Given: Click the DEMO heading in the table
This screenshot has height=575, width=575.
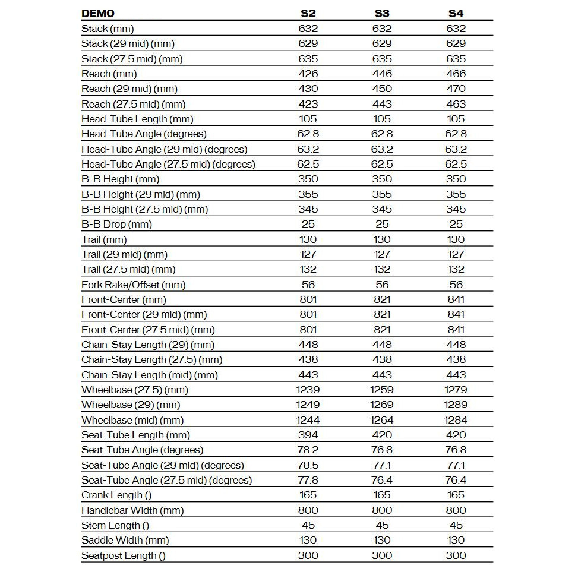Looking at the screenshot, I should click(x=98, y=13).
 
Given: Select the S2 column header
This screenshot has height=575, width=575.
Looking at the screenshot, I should click(x=308, y=13).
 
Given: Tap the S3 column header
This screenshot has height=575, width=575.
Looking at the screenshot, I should click(x=382, y=13).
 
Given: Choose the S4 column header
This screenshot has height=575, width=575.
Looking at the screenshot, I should click(x=456, y=13).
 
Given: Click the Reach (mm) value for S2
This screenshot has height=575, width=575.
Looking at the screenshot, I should click(x=308, y=74).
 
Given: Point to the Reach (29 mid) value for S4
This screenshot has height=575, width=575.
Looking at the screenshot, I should click(x=456, y=89).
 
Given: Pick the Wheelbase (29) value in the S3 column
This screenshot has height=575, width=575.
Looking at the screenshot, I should click(x=382, y=405).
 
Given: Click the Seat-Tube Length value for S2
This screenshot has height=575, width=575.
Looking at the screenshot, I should click(x=308, y=435).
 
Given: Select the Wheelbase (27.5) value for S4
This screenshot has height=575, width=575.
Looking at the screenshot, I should click(x=456, y=390).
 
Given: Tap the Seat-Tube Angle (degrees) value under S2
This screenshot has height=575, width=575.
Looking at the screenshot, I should click(x=308, y=450).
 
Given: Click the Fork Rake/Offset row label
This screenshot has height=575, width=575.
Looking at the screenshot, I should click(x=134, y=285).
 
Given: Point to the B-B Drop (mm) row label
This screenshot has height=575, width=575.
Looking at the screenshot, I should click(x=116, y=224).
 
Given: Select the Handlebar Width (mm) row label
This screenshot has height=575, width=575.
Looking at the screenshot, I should click(x=132, y=510).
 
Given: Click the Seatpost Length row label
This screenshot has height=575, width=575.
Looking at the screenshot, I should click(x=124, y=555).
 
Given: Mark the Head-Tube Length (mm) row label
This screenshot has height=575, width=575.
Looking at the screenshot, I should click(x=137, y=119).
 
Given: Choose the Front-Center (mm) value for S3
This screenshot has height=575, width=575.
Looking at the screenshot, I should click(x=382, y=299).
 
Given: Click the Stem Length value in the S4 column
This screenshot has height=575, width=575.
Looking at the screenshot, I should click(x=456, y=525).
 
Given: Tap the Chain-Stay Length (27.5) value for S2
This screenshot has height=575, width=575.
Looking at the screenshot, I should click(x=308, y=359).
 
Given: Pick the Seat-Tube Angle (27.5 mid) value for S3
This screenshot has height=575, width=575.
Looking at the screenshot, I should click(x=382, y=480).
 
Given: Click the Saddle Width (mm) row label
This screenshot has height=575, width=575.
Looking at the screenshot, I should click(x=125, y=540).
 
